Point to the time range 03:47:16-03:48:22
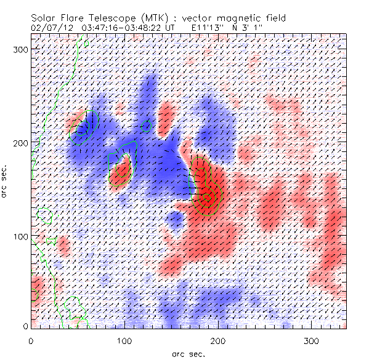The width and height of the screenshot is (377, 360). tap(123, 28)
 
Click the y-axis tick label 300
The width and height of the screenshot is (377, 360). tap(20, 49)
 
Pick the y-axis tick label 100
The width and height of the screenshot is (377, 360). tap(20, 236)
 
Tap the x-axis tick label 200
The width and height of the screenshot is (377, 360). tap(219, 340)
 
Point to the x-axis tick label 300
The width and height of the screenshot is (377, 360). tap(312, 340)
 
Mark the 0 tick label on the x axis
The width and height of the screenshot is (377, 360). tap(31, 340)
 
